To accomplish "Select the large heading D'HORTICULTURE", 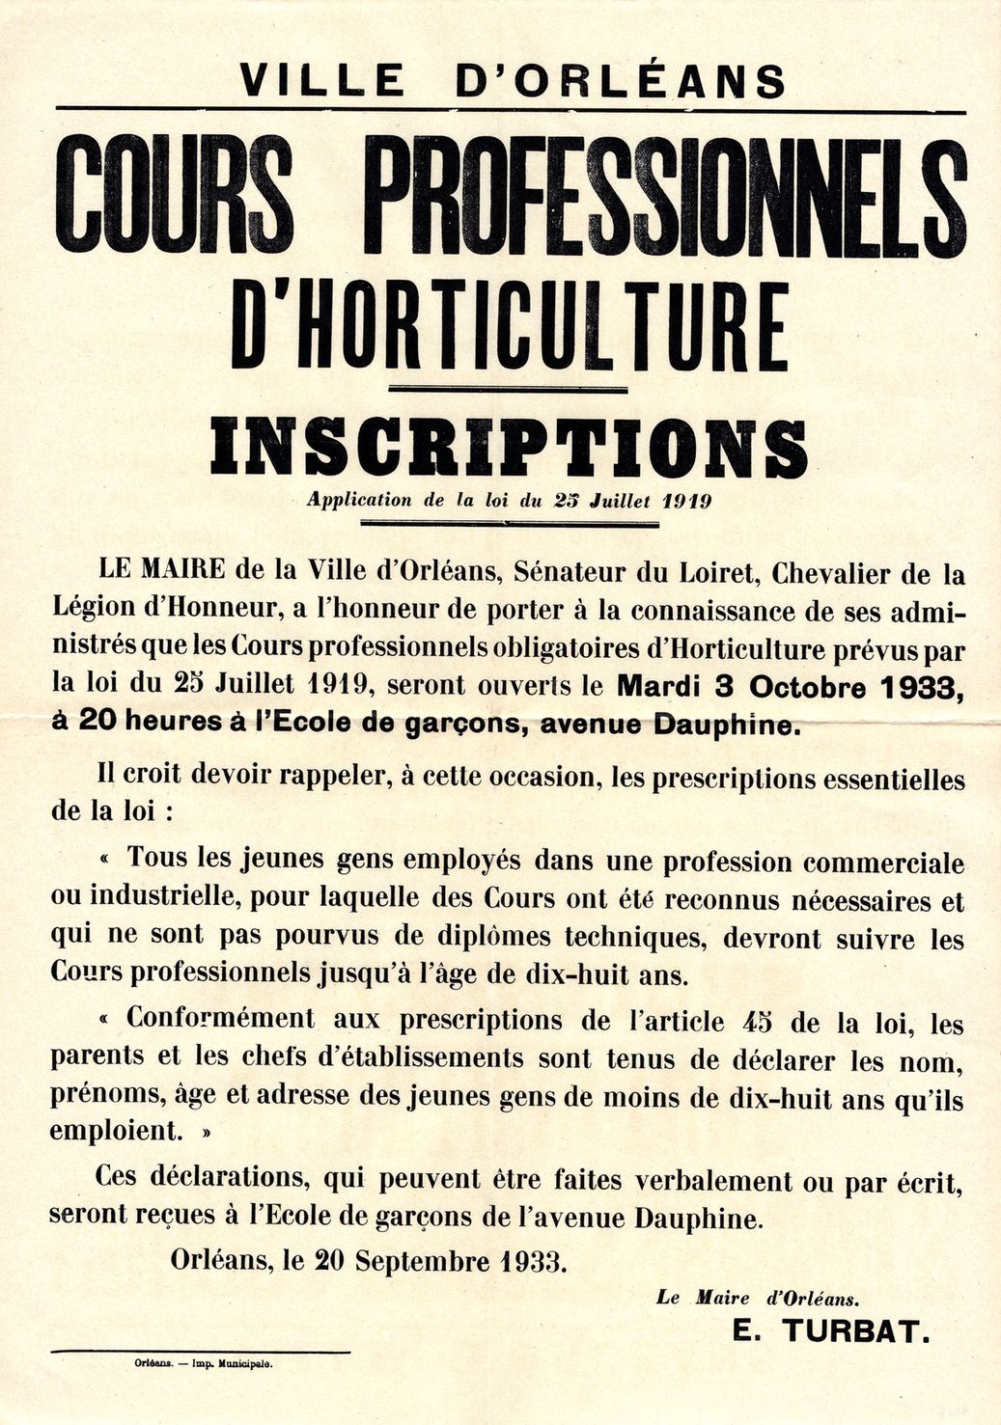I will pos(510,326).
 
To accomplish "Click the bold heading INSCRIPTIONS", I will pos(510,448).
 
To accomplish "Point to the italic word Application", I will pos(360,501).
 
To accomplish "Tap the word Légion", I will pos(93,610).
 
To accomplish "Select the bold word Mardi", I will pos(655,687).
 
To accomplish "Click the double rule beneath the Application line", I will pos(509,524).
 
